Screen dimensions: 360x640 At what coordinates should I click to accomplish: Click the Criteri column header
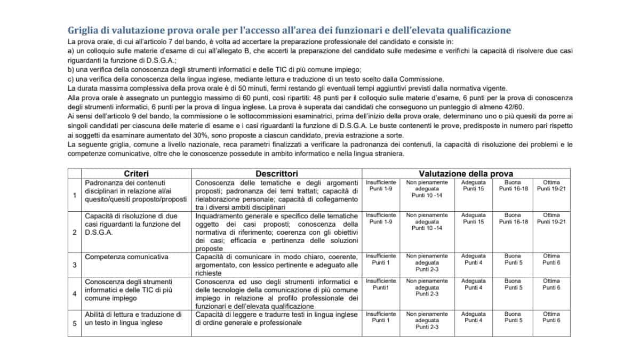click(136, 173)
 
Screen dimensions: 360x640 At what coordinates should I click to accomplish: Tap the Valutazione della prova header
click(466, 173)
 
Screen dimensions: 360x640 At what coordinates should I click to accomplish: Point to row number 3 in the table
click(74, 265)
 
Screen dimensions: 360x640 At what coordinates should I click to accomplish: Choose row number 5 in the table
click(74, 323)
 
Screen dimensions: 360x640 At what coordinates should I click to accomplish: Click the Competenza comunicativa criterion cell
click(119, 257)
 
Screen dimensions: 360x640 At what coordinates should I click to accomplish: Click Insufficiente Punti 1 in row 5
click(381, 317)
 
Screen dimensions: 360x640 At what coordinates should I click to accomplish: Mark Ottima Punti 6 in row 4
click(551, 284)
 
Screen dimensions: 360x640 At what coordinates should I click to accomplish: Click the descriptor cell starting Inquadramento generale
click(276, 231)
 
